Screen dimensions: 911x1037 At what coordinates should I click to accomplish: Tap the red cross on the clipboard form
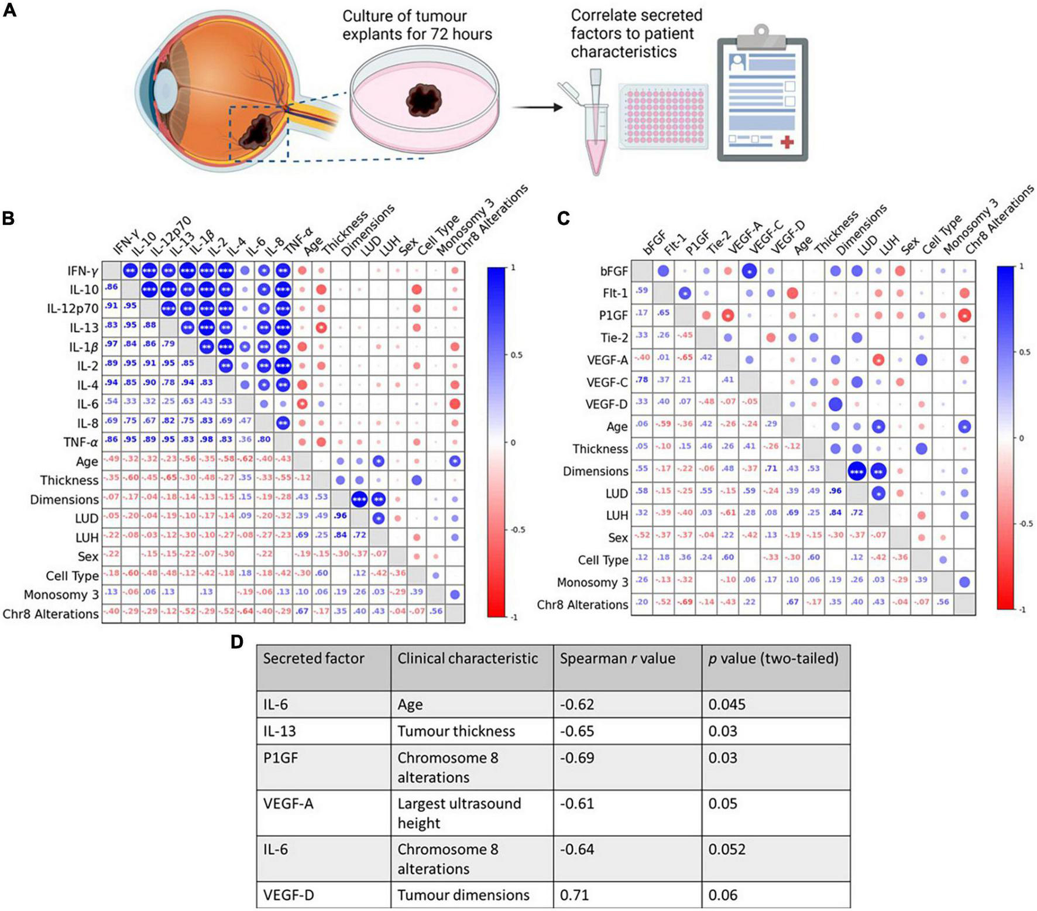coord(787,142)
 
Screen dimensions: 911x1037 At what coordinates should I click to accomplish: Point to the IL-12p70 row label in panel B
coord(73,309)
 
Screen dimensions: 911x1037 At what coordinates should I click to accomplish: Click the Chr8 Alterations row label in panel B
coord(51,614)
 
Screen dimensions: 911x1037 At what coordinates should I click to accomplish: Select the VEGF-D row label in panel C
coord(606,405)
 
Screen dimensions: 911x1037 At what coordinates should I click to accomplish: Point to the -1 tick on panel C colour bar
coord(1022,609)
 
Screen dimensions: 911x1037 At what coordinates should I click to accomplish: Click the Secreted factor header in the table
coord(314,659)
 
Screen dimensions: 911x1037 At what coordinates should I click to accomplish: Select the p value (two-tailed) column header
coord(772,659)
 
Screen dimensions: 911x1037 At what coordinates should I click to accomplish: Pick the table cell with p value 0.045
coord(727,704)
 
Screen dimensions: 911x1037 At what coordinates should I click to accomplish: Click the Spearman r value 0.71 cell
coord(574,895)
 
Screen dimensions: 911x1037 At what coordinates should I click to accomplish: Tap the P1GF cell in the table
coord(281,758)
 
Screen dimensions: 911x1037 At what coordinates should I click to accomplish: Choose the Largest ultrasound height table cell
coord(459,813)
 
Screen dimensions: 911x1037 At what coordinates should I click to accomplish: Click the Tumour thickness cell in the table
coord(456,731)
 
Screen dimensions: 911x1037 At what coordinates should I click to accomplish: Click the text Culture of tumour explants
coord(417,25)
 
